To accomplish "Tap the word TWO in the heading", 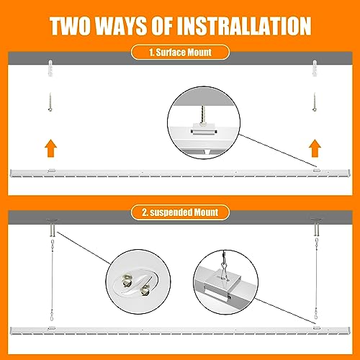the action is coord(70,26).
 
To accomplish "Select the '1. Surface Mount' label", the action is coord(180,53).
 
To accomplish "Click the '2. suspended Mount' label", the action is coord(180,212).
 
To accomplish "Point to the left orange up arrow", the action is coord(51,148).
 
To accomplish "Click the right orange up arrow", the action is coord(315,148).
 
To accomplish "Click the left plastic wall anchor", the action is coord(50,68).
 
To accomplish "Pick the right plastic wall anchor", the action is coord(315,68).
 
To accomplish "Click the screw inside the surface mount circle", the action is coord(204,114).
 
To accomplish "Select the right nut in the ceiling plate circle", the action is coord(145,290).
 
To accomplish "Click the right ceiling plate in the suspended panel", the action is coord(317,227).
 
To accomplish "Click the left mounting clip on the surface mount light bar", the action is coord(52,171).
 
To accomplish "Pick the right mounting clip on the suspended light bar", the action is coord(316,328).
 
